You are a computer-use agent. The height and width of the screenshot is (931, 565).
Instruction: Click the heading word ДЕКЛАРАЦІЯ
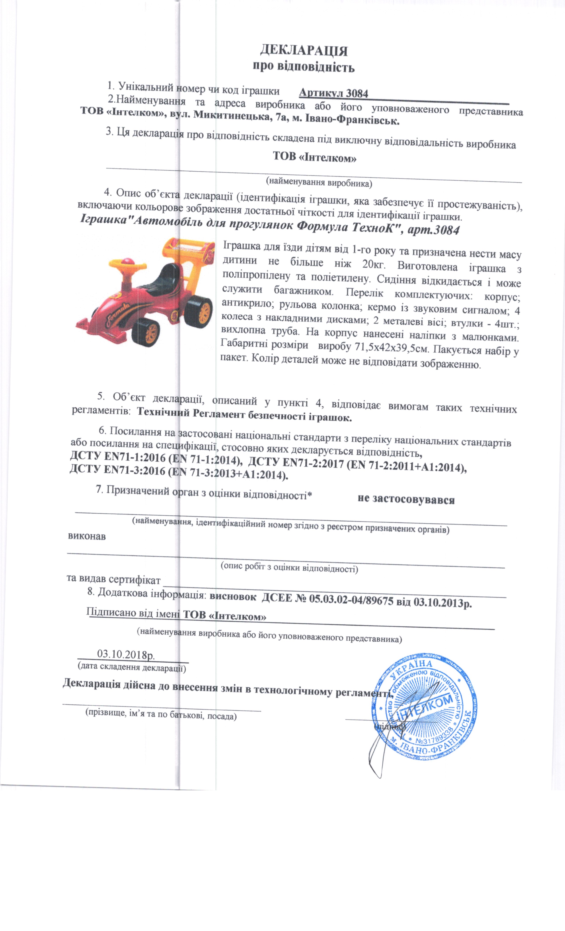304,50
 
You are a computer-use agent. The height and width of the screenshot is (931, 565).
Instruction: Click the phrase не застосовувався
406,499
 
